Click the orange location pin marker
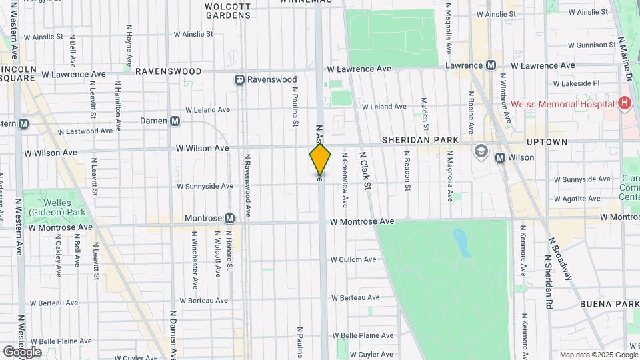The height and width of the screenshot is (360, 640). pyautogui.click(x=320, y=160)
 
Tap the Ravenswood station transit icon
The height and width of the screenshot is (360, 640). pyautogui.click(x=239, y=79)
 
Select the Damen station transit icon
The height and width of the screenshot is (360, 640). pyautogui.click(x=175, y=121)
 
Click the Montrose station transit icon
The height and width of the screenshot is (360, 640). pyautogui.click(x=229, y=218)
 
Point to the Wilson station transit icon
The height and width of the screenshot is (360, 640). pyautogui.click(x=500, y=157)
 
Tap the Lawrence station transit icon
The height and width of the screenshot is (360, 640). pyautogui.click(x=491, y=65)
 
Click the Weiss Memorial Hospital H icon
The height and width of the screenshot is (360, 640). pyautogui.click(x=624, y=103)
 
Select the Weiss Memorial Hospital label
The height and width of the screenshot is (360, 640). pyautogui.click(x=562, y=104)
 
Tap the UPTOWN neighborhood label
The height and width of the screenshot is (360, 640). pyautogui.click(x=547, y=142)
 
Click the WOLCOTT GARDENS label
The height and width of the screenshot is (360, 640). pyautogui.click(x=227, y=11)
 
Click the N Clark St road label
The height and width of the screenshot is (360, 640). pyautogui.click(x=365, y=171)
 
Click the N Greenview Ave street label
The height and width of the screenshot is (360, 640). pyautogui.click(x=345, y=179)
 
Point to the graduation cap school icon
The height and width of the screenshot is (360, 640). pyautogui.click(x=481, y=152)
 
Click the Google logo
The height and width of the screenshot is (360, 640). pyautogui.click(x=22, y=351)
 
